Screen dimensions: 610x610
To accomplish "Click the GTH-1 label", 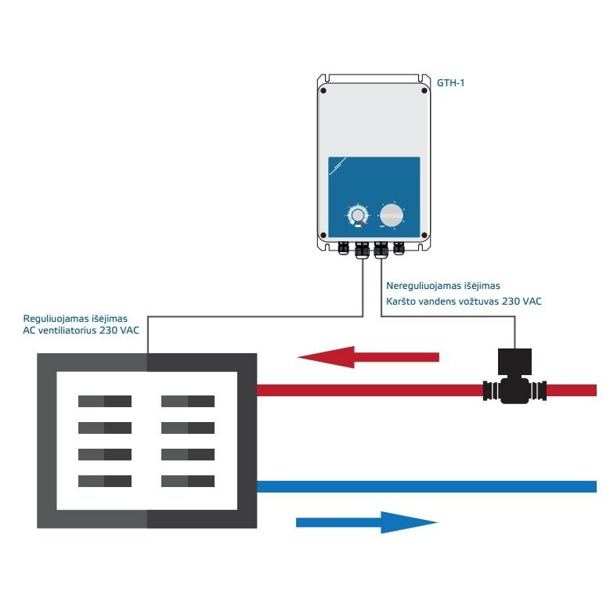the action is pyautogui.click(x=450, y=83).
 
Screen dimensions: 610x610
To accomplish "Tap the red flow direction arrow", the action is pyautogui.click(x=368, y=357).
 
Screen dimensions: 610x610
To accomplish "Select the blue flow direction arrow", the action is pyautogui.click(x=366, y=522).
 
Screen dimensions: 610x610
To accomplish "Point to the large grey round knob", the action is pyautogui.click(x=392, y=215).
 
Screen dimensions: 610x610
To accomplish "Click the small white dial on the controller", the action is pyautogui.click(x=357, y=215).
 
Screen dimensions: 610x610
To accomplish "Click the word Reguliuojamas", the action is pyautogui.click(x=57, y=319).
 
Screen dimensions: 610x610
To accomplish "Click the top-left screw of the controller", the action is pyautogui.click(x=323, y=91).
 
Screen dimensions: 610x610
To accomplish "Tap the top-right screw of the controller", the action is pyautogui.click(x=424, y=91).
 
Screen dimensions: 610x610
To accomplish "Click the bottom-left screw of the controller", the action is pyautogui.click(x=323, y=236).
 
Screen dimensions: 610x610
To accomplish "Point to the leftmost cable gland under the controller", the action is pyautogui.click(x=344, y=248).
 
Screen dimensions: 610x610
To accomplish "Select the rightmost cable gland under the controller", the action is pyautogui.click(x=399, y=248).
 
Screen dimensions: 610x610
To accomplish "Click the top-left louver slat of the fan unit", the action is pyautogui.click(x=105, y=401).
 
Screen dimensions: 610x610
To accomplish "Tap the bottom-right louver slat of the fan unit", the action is pyautogui.click(x=188, y=481).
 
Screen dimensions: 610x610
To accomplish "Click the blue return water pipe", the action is pyautogui.click(x=427, y=486).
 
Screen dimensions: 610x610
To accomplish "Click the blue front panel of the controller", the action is pyautogui.click(x=374, y=197).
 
